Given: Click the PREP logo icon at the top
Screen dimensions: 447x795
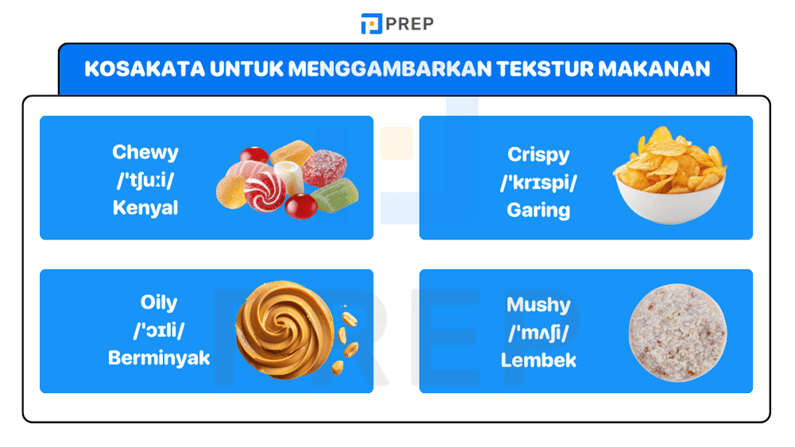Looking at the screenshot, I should (371, 24).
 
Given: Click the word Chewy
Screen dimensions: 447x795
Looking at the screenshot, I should (145, 152).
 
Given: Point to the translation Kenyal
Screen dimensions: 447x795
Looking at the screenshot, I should (145, 208).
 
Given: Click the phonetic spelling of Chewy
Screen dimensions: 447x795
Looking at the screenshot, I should (145, 181).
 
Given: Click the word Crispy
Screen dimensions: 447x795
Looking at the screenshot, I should (538, 154).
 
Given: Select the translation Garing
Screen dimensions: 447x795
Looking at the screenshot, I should (538, 210).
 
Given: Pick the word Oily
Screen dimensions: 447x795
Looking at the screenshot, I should (159, 303).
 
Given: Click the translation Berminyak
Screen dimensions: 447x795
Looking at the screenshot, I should (159, 358).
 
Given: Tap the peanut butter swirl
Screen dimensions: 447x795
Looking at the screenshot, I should (285, 330).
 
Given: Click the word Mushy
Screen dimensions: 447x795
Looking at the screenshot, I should (538, 305).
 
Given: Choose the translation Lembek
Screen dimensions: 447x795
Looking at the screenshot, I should (538, 360).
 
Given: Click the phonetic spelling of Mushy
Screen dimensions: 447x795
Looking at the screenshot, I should (538, 332).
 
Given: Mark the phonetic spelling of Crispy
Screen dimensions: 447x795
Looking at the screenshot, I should (538, 183).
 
